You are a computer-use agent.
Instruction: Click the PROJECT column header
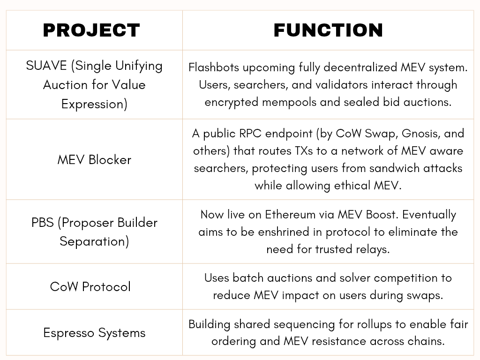tap(91, 30)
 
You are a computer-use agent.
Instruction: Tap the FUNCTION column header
tap(328, 30)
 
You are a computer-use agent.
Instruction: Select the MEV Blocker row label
tap(94, 160)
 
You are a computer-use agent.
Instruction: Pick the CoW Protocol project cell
tap(90, 287)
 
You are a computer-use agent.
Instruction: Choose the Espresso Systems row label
tap(94, 333)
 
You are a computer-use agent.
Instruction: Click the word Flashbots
tap(214, 67)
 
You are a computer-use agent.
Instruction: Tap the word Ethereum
tap(290, 215)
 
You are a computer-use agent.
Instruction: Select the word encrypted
tap(232, 102)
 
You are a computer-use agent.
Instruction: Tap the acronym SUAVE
tap(46, 66)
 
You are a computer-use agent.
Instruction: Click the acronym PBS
tap(43, 223)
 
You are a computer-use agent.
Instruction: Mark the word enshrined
tap(284, 232)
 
